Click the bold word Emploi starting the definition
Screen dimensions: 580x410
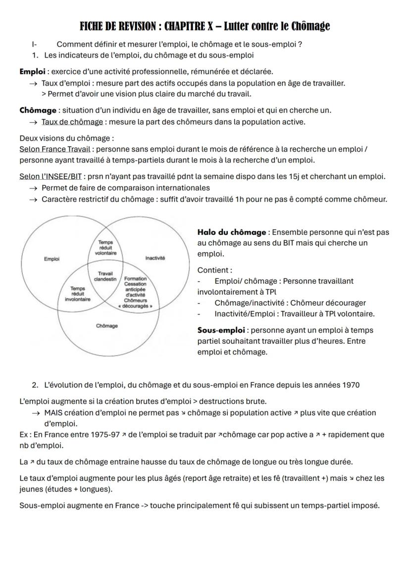click(x=32, y=72)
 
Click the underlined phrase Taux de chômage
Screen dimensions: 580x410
click(x=72, y=122)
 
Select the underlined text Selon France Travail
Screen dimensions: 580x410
click(x=55, y=149)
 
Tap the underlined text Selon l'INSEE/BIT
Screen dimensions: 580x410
click(x=51, y=176)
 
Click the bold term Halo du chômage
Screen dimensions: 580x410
click(x=232, y=232)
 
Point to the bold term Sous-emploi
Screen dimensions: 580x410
click(x=221, y=330)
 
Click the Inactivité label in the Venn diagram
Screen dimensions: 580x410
click(x=155, y=258)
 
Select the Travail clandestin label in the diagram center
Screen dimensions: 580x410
click(x=105, y=276)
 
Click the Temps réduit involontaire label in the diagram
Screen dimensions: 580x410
click(x=77, y=294)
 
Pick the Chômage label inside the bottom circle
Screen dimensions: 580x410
click(x=107, y=325)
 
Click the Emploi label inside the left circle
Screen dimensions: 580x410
click(x=51, y=258)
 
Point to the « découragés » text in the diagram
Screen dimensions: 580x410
click(x=135, y=306)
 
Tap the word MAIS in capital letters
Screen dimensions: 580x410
click(x=54, y=413)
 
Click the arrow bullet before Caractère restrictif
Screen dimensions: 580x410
click(x=33, y=199)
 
